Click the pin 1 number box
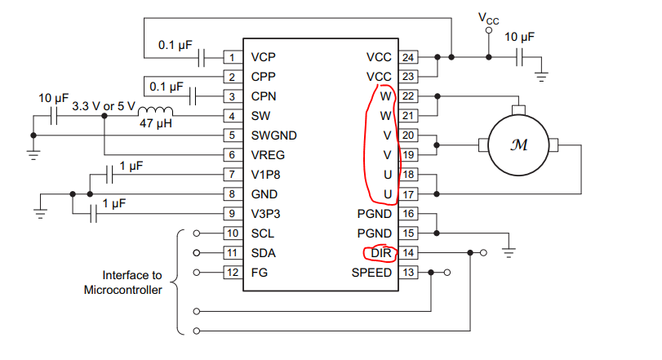[233, 57]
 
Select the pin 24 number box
[407, 57]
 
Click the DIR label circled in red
[381, 253]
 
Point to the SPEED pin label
[371, 273]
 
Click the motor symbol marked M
[518, 145]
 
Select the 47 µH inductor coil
[155, 113]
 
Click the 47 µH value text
[153, 128]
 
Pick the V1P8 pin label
[268, 175]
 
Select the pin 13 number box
[407, 273]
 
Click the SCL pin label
[263, 233]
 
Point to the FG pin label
[260, 273]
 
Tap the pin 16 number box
[407, 214]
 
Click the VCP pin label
[264, 57]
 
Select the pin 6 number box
[233, 155]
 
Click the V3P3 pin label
[268, 214]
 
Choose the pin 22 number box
[407, 96]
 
